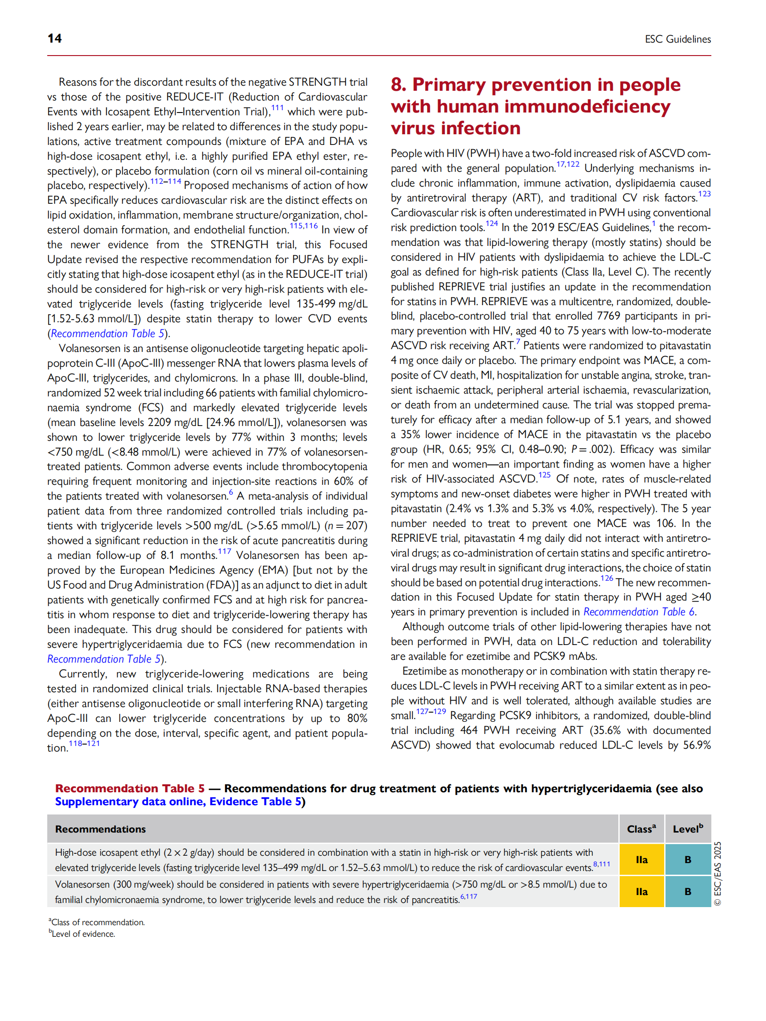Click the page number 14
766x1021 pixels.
click(x=55, y=38)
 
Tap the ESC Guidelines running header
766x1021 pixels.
click(x=677, y=39)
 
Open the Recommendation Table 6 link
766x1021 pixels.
click(x=638, y=612)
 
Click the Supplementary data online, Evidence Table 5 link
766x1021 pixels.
click(x=178, y=802)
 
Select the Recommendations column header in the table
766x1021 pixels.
click(x=100, y=829)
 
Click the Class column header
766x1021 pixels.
click(x=641, y=829)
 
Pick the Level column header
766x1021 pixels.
click(x=687, y=829)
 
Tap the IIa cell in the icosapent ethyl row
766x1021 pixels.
click(x=641, y=860)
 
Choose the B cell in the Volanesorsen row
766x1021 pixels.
click(x=688, y=891)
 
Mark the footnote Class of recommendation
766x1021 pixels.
click(x=97, y=922)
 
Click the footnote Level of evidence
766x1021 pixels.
click(x=82, y=934)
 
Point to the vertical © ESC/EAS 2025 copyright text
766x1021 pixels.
click(x=717, y=873)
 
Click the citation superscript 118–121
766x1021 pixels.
click(x=84, y=744)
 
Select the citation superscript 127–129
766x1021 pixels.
click(x=431, y=712)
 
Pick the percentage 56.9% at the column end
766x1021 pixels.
click(x=697, y=745)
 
